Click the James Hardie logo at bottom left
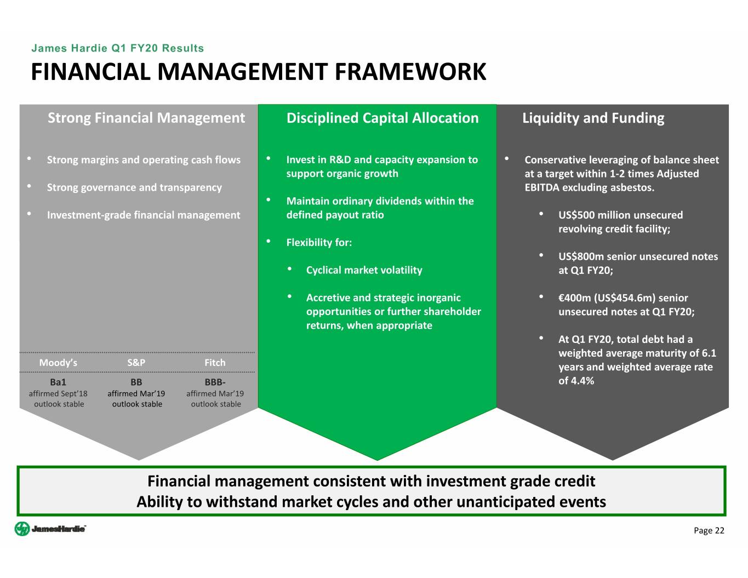[x=50, y=529]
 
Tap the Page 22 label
[x=709, y=530]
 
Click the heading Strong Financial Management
[x=146, y=118]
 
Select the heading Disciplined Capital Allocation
[x=382, y=118]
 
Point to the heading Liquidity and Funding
[x=593, y=118]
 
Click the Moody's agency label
[x=58, y=363]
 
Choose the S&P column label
[x=136, y=363]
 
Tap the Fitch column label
[x=215, y=363]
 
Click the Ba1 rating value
[x=58, y=382]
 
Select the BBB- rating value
[x=215, y=382]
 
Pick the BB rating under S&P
[x=136, y=382]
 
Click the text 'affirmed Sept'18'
[x=58, y=393]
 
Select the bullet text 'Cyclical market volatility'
[x=364, y=270]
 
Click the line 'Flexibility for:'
[x=319, y=243]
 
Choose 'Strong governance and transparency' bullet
[x=134, y=187]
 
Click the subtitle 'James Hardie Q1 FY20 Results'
[x=117, y=48]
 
